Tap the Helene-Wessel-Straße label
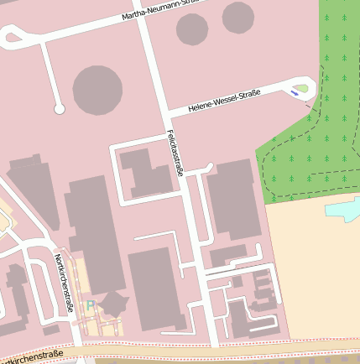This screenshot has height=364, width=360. tap(224, 101)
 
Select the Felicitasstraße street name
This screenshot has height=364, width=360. tap(175, 153)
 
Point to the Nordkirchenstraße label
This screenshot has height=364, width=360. tap(63, 283)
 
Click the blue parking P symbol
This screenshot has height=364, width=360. tap(91, 306)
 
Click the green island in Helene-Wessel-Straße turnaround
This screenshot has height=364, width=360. tap(301, 86)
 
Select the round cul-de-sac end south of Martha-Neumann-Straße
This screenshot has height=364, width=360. tap(59, 109)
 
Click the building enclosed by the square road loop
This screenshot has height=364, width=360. tap(145, 172)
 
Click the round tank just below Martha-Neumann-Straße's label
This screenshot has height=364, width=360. tap(192, 29)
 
